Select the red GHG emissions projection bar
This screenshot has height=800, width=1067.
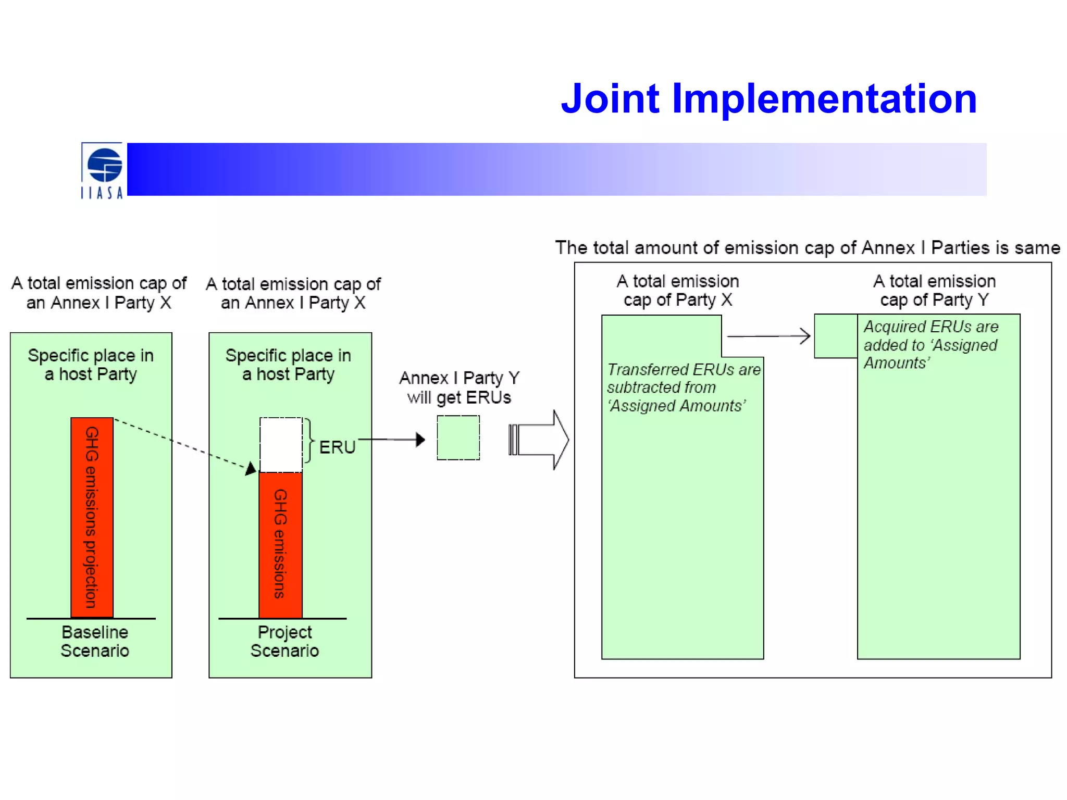pos(92,517)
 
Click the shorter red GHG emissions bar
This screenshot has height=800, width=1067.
pos(280,544)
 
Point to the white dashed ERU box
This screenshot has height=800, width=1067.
pos(281,444)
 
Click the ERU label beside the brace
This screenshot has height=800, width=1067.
pos(337,447)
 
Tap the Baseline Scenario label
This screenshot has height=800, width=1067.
pos(95,641)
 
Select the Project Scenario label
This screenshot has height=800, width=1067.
pos(284,641)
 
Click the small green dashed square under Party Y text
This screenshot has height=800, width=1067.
pos(458,438)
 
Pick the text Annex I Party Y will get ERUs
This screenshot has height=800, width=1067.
pos(459,387)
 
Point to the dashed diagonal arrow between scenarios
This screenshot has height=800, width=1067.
pos(182,445)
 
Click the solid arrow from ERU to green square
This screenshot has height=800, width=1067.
pos(392,440)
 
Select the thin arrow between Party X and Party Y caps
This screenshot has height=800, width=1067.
pos(768,336)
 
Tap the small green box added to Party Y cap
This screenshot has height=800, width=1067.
pos(836,336)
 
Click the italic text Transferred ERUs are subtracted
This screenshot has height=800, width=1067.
pos(683,387)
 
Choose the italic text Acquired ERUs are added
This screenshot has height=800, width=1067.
pos(930,344)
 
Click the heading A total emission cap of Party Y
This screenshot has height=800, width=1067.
pos(934,290)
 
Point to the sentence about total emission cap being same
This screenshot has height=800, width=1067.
pos(807,247)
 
